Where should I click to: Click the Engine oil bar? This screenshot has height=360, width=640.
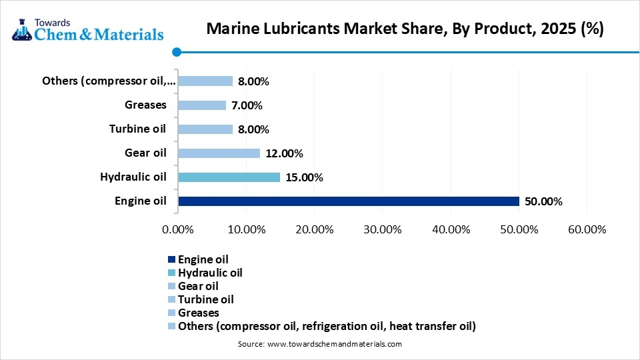point(349,201)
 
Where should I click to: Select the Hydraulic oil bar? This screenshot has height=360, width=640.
point(229,177)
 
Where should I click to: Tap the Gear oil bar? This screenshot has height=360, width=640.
point(219,153)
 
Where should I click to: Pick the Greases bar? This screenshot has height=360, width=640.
point(202,105)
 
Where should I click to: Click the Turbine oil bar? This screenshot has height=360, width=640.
point(205,129)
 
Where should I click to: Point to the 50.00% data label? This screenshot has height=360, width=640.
point(543,201)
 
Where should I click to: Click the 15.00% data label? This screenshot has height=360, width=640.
point(305,177)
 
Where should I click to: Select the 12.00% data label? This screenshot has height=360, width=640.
point(284,153)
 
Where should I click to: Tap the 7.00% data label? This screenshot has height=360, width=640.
point(247,105)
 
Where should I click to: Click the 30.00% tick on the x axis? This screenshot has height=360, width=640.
point(383,229)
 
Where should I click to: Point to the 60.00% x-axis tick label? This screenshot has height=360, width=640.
point(587,229)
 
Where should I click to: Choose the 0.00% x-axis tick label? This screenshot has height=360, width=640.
point(178,229)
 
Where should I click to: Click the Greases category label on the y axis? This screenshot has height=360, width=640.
point(145,105)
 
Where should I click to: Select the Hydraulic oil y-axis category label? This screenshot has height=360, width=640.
point(133,177)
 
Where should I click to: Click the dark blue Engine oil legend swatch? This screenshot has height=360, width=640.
point(171,259)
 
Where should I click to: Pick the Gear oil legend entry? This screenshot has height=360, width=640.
point(198,286)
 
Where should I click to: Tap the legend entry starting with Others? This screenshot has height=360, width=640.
point(327,326)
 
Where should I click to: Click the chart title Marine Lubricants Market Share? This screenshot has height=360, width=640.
point(405,29)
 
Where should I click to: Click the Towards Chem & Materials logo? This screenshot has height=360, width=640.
point(87,27)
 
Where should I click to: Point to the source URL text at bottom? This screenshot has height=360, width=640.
point(320,344)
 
